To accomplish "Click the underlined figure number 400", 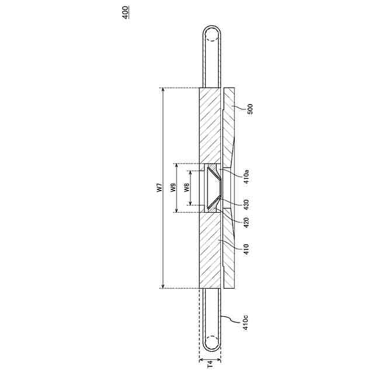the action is coord(126,12).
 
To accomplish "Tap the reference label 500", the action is coord(250,109).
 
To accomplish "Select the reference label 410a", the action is coord(247,176).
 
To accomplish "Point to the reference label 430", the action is coord(247,205).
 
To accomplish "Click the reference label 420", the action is coord(247,222).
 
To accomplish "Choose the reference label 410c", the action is coord(245,323).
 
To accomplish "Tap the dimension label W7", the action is coord(160,188).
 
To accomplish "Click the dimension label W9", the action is coord(174,188).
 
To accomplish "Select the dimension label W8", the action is coord(187,188).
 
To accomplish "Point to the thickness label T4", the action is coord(210,364).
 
